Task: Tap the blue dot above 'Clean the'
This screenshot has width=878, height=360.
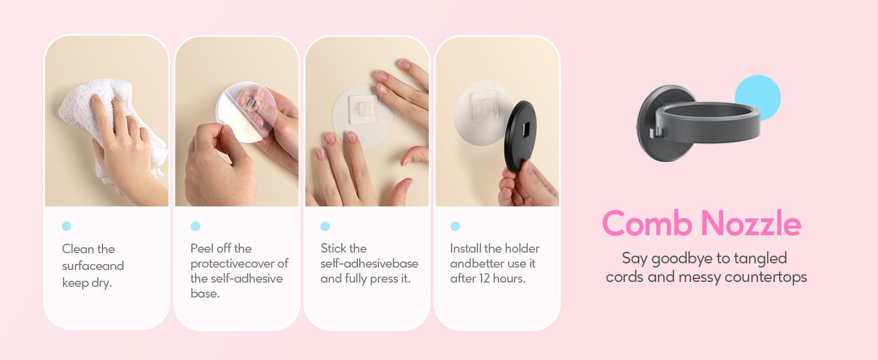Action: tap(67, 226)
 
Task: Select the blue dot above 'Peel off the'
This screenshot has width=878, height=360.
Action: tap(196, 226)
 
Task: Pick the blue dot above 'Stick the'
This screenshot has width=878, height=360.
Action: tap(325, 226)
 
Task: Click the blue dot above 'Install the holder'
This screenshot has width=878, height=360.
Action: tap(455, 226)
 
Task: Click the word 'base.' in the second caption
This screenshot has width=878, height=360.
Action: tap(205, 293)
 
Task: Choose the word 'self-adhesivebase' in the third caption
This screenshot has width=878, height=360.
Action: tap(369, 263)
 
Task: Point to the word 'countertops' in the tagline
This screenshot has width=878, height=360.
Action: tap(765, 277)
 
